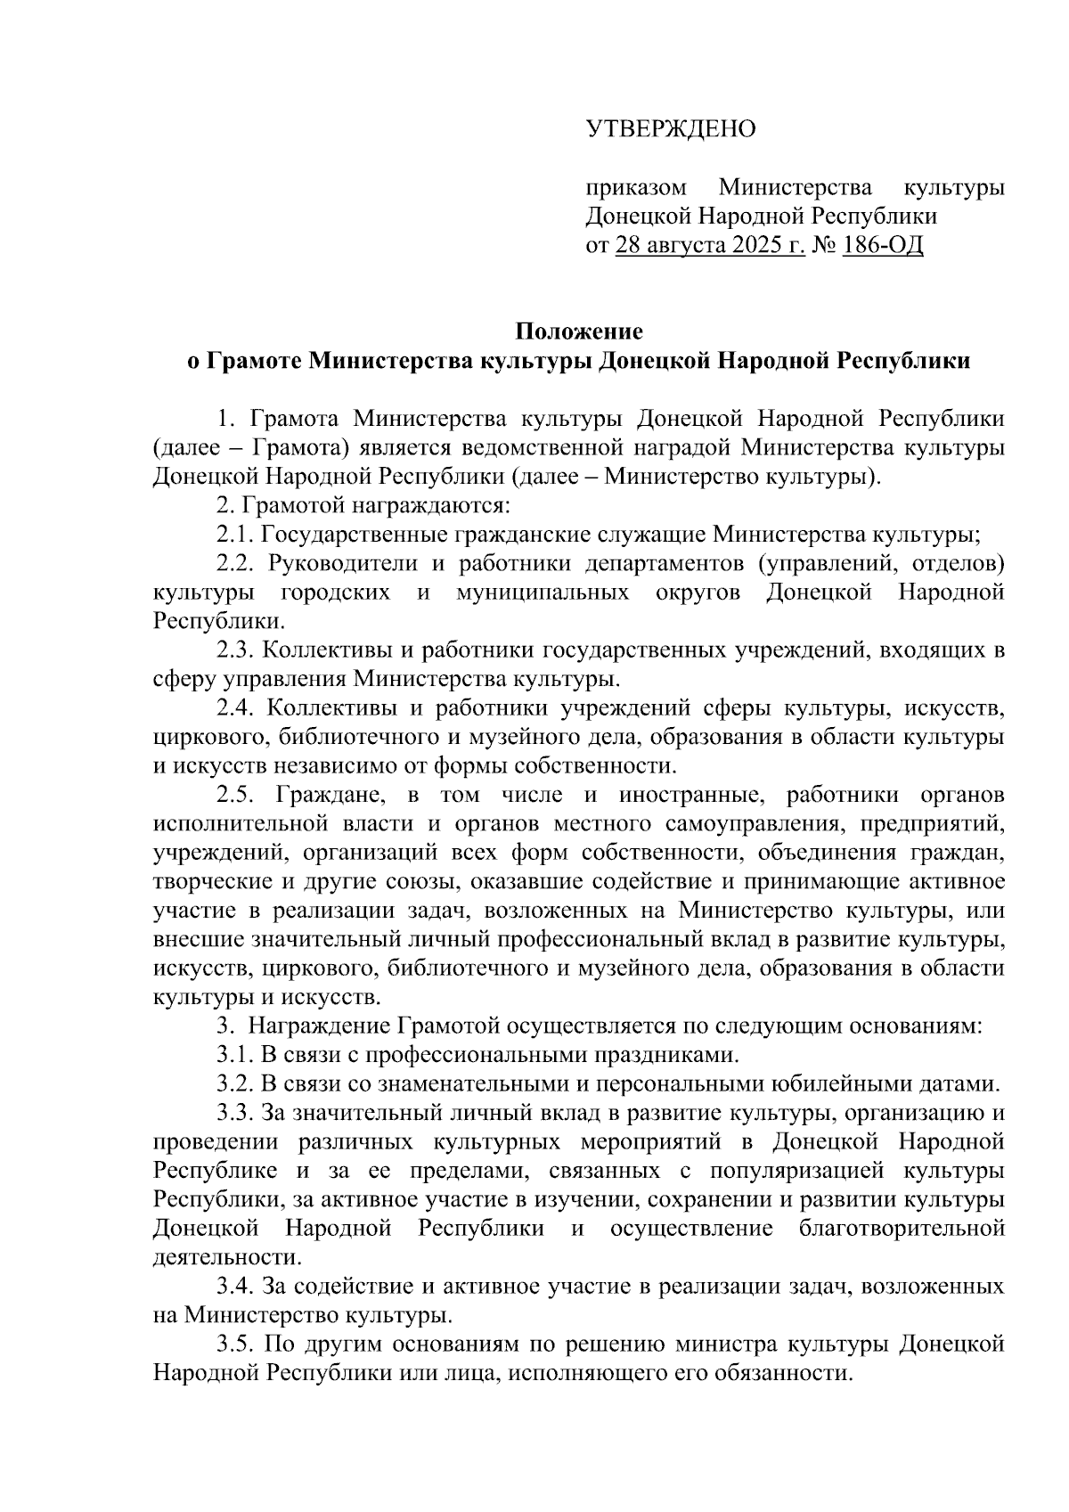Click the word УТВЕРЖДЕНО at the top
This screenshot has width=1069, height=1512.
[670, 130]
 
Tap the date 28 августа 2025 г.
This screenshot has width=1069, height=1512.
[709, 245]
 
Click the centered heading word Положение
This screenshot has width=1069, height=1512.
[578, 332]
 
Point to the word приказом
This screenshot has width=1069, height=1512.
[635, 188]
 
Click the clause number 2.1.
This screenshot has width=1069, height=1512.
[236, 535]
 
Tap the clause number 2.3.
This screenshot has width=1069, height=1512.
[236, 650]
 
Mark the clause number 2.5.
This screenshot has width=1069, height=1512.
[236, 795]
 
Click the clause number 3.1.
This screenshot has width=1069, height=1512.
[236, 1056]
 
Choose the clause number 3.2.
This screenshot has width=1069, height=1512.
[236, 1084]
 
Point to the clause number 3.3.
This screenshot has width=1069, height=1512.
[236, 1114]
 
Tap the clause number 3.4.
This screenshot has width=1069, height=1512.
[236, 1287]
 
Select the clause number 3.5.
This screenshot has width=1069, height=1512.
[236, 1344]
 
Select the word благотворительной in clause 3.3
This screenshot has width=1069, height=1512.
[902, 1229]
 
